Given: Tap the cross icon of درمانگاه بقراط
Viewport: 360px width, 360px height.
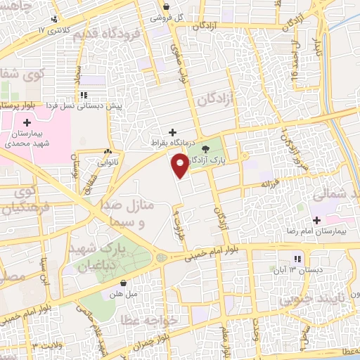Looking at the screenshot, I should point(172,131).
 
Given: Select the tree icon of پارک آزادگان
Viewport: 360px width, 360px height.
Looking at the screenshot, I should point(206,148).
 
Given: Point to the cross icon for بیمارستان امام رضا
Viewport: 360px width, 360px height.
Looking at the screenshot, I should point(317,220).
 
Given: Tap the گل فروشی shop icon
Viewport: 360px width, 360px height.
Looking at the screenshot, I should point(155,17).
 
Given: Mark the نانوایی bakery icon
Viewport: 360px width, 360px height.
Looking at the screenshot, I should point(108,152).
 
